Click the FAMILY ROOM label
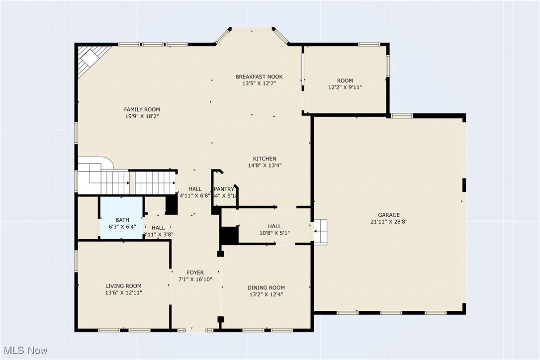(x=142, y=109)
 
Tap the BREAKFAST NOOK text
(x=259, y=77)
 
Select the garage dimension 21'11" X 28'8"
(x=388, y=222)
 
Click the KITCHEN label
(x=264, y=159)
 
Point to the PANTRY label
(x=224, y=189)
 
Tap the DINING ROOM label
(x=266, y=287)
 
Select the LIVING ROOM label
(x=123, y=286)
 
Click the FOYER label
(x=195, y=272)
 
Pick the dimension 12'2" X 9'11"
(x=345, y=87)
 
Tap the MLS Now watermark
(x=24, y=351)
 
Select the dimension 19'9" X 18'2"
(x=142, y=116)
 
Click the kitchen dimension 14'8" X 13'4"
(x=264, y=166)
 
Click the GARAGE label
(x=388, y=215)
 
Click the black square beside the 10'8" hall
(x=229, y=235)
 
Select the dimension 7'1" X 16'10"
(x=195, y=279)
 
